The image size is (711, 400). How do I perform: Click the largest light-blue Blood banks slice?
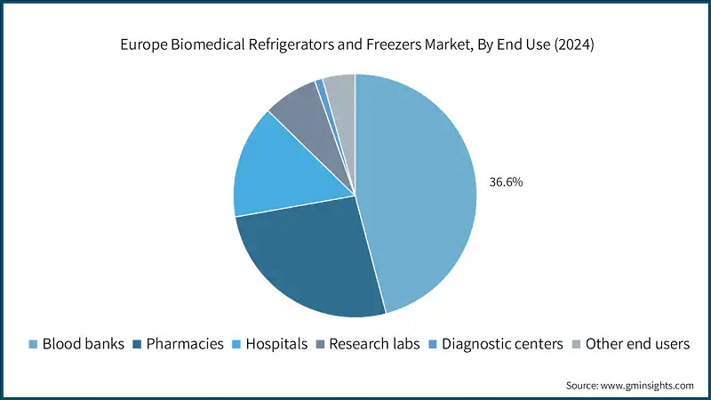418,187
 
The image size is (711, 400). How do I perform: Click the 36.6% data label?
506,182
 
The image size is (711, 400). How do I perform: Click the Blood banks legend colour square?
34,344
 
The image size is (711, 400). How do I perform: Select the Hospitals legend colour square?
236,344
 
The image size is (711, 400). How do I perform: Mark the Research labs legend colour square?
321,344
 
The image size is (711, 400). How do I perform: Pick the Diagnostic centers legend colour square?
433,344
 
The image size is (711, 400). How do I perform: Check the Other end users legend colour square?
576,344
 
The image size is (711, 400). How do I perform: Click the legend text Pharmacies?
184,344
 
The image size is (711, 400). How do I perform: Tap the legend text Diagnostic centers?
502,344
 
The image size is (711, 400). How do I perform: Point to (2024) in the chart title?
573,46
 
